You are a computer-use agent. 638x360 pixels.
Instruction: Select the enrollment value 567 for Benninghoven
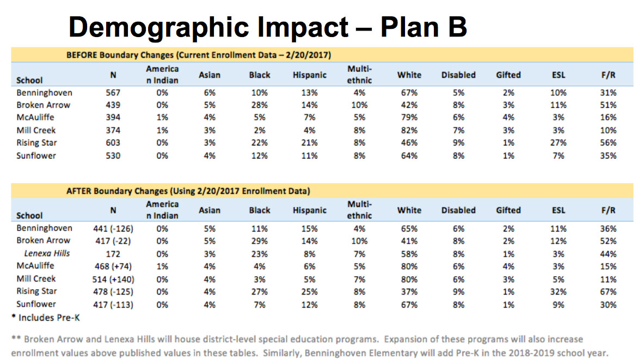(113, 93)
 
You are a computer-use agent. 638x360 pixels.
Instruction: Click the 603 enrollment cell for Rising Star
(113, 143)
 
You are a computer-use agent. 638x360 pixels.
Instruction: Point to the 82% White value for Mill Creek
(409, 130)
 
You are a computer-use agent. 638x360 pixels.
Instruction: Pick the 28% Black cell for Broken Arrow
(260, 105)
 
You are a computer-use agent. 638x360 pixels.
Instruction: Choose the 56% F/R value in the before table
(608, 143)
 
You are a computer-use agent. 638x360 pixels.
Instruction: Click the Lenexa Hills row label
(47, 253)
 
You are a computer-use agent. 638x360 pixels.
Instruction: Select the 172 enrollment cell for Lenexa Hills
(113, 254)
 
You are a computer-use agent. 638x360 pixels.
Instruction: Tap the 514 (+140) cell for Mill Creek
(113, 279)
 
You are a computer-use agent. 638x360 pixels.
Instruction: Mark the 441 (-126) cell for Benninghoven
(113, 228)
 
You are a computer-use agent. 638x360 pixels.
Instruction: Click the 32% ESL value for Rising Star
(558, 292)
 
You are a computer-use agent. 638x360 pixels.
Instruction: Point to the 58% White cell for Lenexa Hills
(409, 254)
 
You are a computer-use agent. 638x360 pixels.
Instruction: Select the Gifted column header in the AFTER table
(508, 210)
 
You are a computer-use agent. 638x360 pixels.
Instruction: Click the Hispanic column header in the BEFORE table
(310, 75)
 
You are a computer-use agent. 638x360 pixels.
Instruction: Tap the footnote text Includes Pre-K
(48, 317)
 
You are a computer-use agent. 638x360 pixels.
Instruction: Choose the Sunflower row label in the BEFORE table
(36, 156)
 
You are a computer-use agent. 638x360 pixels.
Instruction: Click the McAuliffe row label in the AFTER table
(35, 266)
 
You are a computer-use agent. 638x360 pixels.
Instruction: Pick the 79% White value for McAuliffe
(409, 118)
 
